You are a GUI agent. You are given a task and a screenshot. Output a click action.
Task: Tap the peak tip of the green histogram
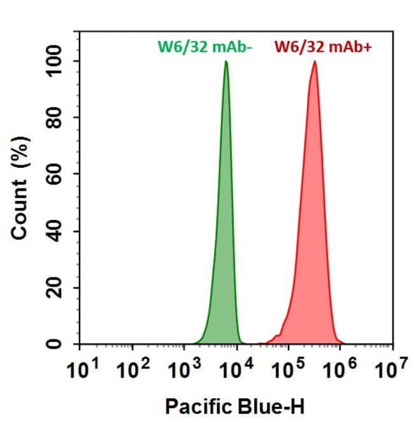pos(225,62)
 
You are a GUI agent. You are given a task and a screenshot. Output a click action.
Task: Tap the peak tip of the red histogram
pos(315,62)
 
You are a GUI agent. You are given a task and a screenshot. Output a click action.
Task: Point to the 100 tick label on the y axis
pos(56,61)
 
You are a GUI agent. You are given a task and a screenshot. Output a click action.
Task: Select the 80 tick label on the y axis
pos(56,118)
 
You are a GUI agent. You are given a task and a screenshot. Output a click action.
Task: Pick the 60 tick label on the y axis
pos(56,175)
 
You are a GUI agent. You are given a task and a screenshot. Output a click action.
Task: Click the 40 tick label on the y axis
pos(56,231)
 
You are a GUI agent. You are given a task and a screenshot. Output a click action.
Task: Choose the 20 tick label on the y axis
pos(56,288)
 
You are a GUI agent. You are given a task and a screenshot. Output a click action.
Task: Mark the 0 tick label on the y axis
pos(56,345)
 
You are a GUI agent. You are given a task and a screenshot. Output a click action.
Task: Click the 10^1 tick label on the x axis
pos(81,371)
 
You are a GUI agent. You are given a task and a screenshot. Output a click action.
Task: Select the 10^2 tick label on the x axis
pos(133,371)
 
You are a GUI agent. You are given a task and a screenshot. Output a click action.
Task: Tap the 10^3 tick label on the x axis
pos(185,371)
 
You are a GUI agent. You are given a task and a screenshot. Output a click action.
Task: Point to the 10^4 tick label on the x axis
pos(237,371)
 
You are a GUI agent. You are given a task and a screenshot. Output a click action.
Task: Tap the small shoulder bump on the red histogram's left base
pos(276,336)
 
